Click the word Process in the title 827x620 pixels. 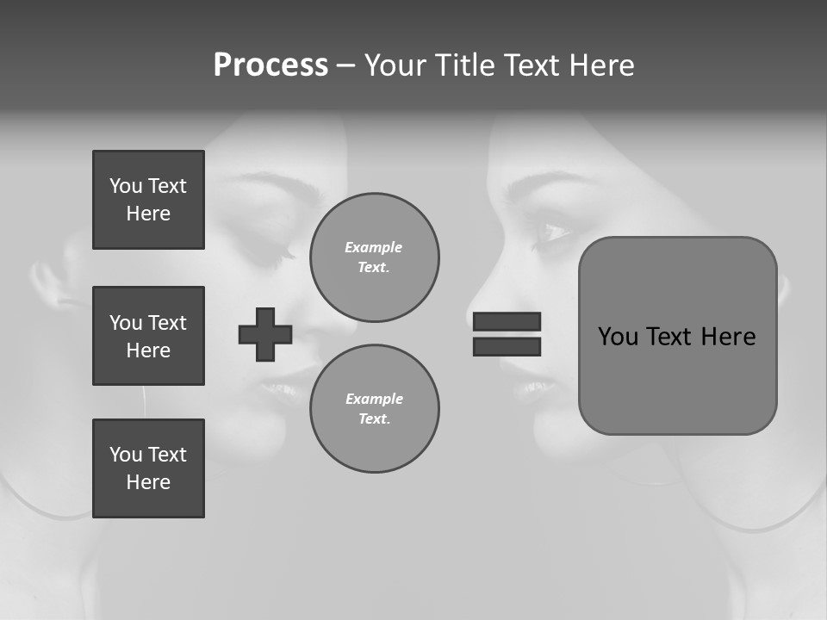coord(270,65)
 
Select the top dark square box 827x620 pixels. coord(148,200)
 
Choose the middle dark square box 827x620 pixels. coord(148,336)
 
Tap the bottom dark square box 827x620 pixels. coord(148,468)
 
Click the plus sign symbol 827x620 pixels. coord(265,334)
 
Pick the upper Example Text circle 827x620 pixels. coord(374,257)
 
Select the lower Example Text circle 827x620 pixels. coord(374,409)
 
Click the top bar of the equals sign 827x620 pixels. coord(507,322)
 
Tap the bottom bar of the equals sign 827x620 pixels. coord(507,346)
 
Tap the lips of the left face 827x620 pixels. coord(280,389)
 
